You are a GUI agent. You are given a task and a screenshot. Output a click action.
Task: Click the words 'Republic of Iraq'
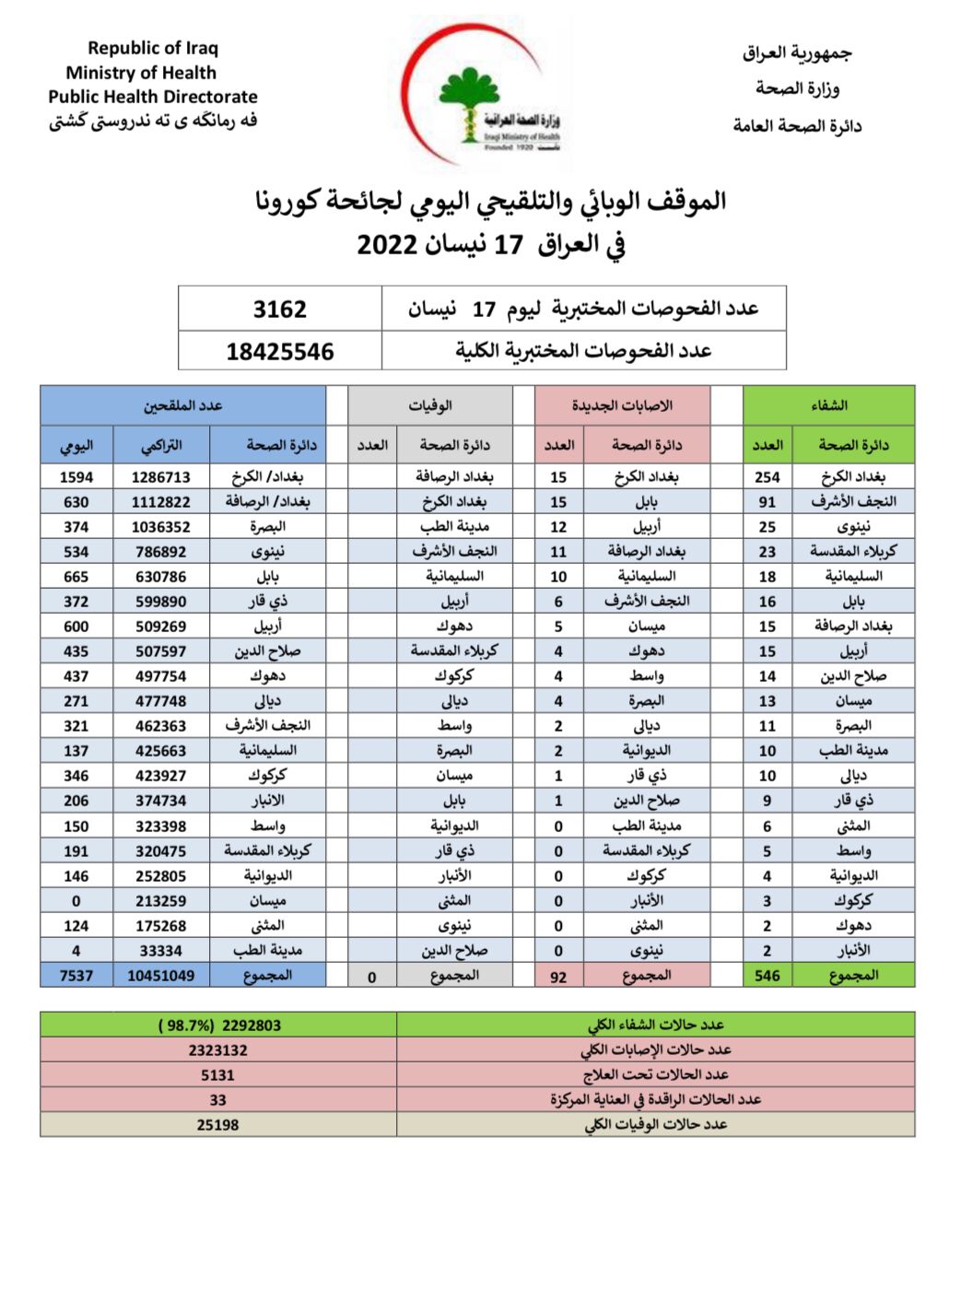[153, 48]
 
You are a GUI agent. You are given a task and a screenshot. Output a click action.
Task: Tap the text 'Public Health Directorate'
[153, 97]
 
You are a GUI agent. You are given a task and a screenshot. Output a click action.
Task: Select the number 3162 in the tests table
[280, 310]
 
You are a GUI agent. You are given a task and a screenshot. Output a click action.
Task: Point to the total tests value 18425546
[280, 351]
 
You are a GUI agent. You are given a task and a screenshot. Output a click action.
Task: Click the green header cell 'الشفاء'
[828, 405]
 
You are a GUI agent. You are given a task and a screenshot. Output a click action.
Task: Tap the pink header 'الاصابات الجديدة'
[622, 405]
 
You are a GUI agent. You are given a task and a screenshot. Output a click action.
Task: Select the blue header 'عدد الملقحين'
[182, 405]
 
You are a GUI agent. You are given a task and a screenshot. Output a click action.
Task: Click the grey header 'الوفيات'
[430, 405]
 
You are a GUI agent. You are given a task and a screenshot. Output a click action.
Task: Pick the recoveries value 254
[767, 477]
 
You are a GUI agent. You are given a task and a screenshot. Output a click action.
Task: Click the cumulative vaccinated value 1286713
[161, 477]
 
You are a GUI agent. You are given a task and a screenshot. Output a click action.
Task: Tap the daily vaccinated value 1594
[76, 477]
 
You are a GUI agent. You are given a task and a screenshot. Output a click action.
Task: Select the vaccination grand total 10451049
[161, 976]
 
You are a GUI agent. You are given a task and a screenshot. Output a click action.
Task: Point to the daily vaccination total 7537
[76, 976]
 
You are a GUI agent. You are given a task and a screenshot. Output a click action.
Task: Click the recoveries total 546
[767, 976]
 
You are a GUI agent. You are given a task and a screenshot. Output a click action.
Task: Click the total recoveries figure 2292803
[219, 1025]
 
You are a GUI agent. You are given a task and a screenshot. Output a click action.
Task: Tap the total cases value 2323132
[218, 1050]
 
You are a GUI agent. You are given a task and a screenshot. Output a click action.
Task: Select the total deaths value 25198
[218, 1125]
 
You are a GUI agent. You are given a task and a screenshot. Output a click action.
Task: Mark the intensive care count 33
[218, 1100]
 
